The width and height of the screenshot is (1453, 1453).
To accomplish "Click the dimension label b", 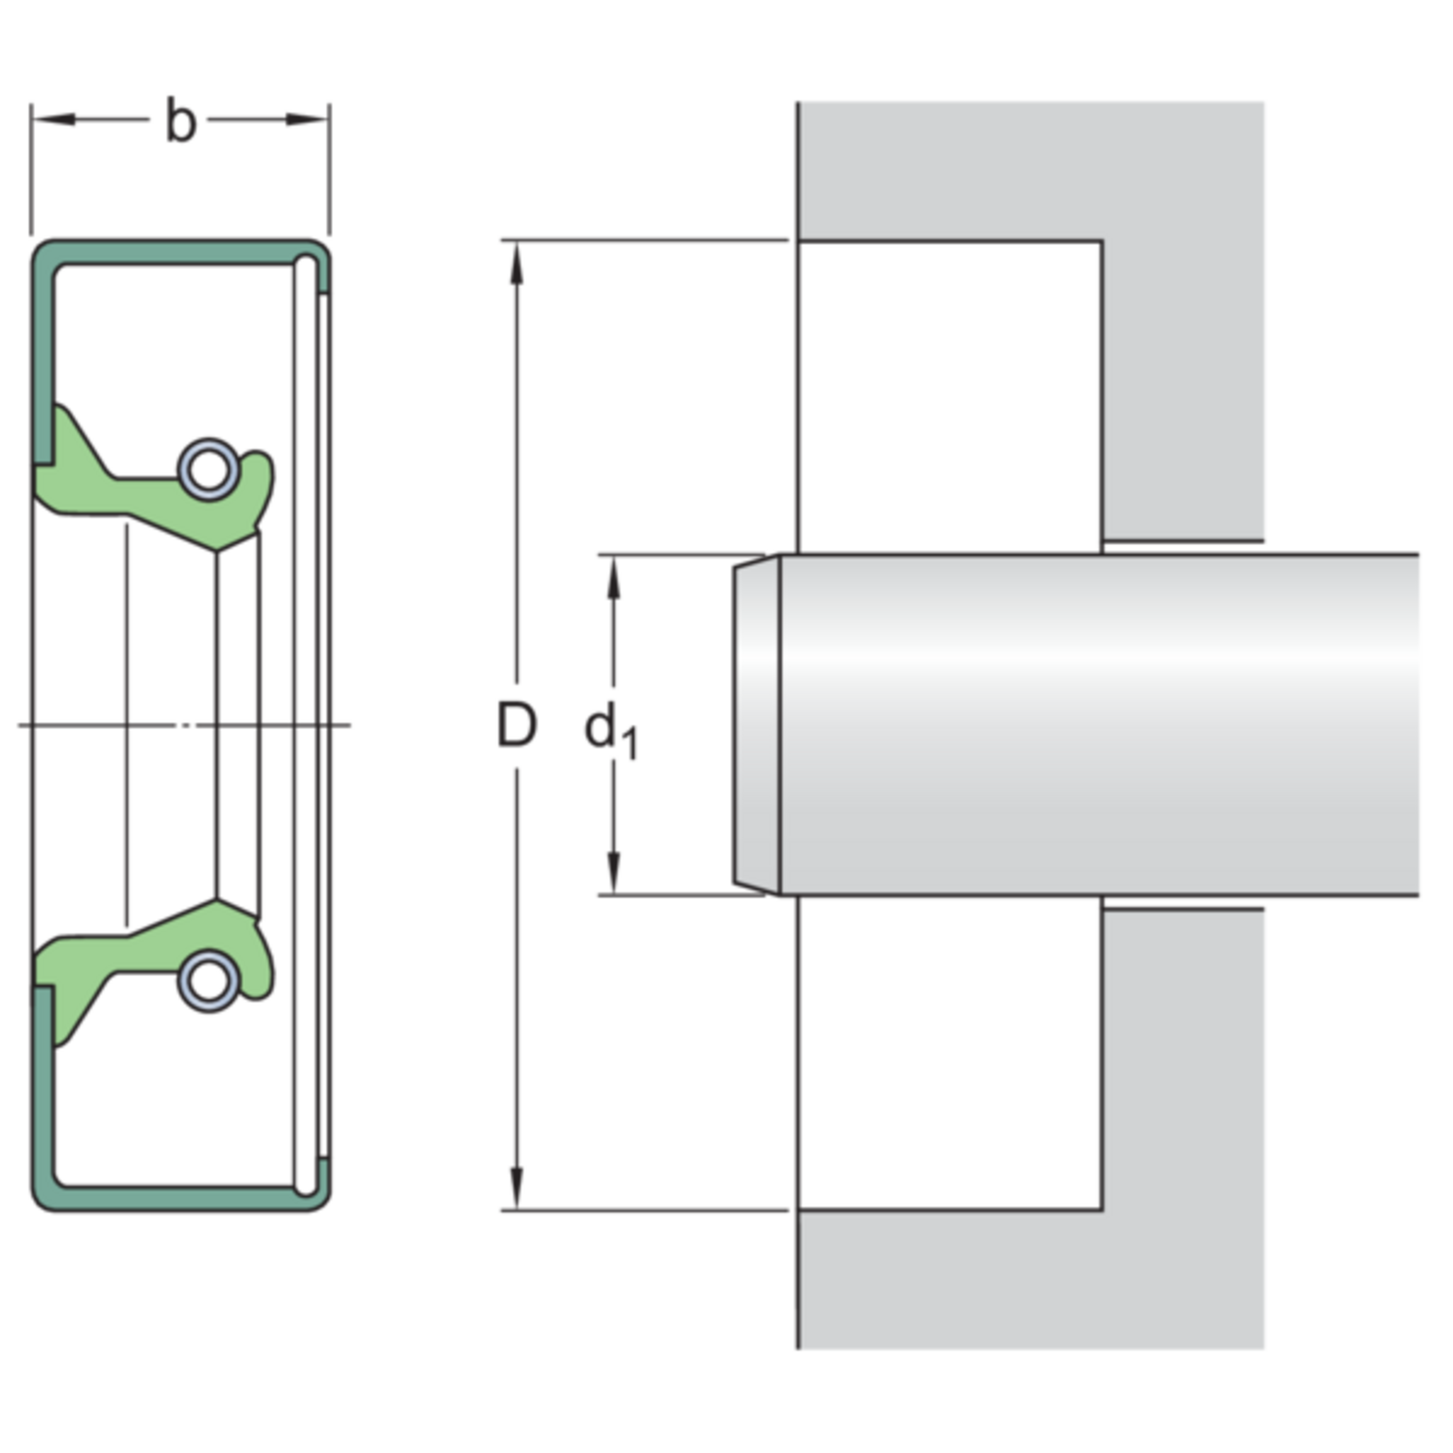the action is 181,120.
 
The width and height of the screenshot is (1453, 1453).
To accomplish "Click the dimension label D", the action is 517,726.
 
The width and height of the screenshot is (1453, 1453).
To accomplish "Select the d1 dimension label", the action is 611,731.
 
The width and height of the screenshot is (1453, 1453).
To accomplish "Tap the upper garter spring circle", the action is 208,469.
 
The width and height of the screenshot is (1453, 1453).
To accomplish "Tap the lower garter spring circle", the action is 208,981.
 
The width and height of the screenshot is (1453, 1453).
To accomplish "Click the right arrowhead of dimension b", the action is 308,120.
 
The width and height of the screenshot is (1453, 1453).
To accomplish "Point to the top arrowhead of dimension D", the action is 517,263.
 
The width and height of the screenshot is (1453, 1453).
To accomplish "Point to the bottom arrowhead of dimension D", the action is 517,1188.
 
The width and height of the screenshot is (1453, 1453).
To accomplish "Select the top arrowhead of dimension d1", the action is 614,578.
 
